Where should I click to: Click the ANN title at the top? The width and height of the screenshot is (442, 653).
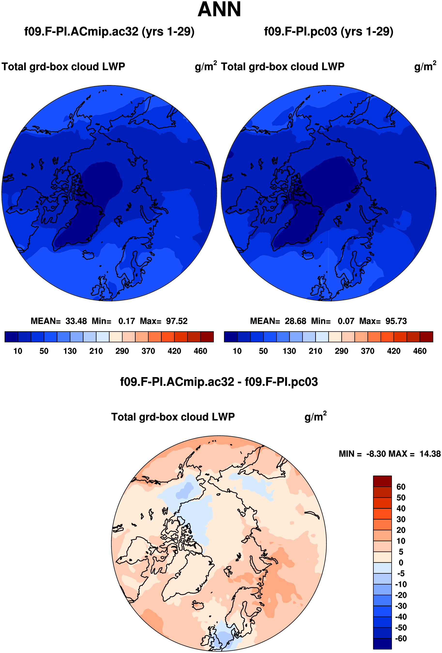pyautogui.click(x=219, y=9)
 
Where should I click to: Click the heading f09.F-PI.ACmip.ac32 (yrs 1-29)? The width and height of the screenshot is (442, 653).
pyautogui.click(x=109, y=32)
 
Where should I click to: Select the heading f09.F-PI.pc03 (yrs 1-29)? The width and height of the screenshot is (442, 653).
pyautogui.click(x=329, y=32)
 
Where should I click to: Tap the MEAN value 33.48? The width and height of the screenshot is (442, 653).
pyautogui.click(x=76, y=321)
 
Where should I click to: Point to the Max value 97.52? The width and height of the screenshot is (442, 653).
pyautogui.click(x=176, y=321)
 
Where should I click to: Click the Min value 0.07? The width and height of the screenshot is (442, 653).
pyautogui.click(x=346, y=321)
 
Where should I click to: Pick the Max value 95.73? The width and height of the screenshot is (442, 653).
pyautogui.click(x=396, y=321)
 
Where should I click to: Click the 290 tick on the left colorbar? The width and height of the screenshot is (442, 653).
pyautogui.click(x=122, y=351)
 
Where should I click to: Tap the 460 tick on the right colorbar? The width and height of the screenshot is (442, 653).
pyautogui.click(x=420, y=351)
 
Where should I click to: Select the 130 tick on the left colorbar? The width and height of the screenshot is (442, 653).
pyautogui.click(x=70, y=351)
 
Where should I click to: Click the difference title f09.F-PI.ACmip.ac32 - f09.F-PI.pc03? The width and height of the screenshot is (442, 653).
pyautogui.click(x=219, y=382)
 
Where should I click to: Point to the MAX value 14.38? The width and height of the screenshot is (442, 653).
pyautogui.click(x=430, y=454)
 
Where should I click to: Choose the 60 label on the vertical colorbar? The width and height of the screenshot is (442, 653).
pyautogui.click(x=401, y=487)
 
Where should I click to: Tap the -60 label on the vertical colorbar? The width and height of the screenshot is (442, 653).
pyautogui.click(x=401, y=638)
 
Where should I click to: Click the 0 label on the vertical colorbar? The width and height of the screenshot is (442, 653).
pyautogui.click(x=401, y=563)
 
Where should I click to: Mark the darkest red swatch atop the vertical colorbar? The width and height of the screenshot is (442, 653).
pyautogui.click(x=382, y=481)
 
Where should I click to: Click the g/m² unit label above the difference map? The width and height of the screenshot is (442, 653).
pyautogui.click(x=315, y=416)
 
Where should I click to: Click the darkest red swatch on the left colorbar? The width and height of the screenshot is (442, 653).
pyautogui.click(x=207, y=337)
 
